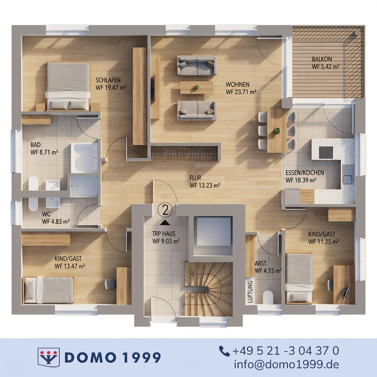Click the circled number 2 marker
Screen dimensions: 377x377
(x=165, y=210)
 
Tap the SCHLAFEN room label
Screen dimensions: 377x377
(x=108, y=80)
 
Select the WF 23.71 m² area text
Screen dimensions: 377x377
(x=241, y=92)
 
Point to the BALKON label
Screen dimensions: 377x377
(x=322, y=59)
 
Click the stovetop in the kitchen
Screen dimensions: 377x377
(x=326, y=152)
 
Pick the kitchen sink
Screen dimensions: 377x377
(x=348, y=175)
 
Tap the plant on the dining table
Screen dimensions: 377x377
(x=277, y=131)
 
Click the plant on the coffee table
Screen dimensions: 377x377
(x=197, y=87)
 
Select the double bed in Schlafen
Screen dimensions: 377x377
(x=68, y=86)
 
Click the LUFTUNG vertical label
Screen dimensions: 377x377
(x=250, y=292)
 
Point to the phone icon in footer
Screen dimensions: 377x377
(x=224, y=351)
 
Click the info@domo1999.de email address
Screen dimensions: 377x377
(x=286, y=364)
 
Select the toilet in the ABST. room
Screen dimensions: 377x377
(x=268, y=297)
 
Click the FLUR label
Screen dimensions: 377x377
(x=195, y=178)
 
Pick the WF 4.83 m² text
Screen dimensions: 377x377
(x=56, y=221)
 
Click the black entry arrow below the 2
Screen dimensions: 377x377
(x=165, y=223)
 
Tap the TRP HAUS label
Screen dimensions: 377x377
(x=164, y=233)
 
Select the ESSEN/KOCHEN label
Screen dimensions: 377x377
(x=304, y=173)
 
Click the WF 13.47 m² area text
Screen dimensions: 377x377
(x=70, y=266)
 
